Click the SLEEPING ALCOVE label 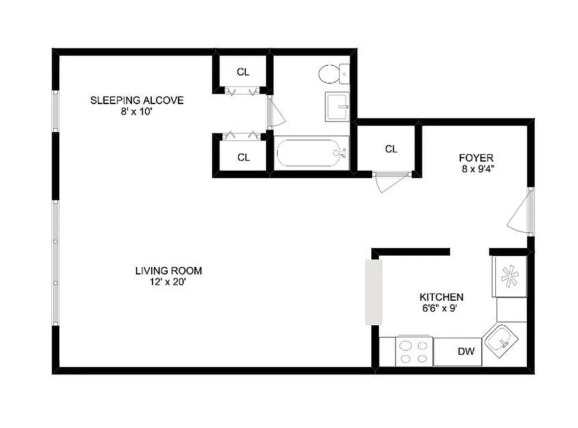click(x=137, y=101)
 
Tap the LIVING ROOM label click(x=168, y=271)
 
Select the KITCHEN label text click(x=441, y=297)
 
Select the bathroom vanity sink click(x=337, y=106)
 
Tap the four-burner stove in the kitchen click(x=415, y=351)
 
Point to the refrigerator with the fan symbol click(x=511, y=276)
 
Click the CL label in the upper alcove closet click(x=243, y=72)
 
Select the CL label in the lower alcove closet click(x=244, y=157)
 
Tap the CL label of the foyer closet click(x=391, y=149)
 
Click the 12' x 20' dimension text click(x=168, y=282)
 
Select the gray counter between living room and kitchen click(x=373, y=292)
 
